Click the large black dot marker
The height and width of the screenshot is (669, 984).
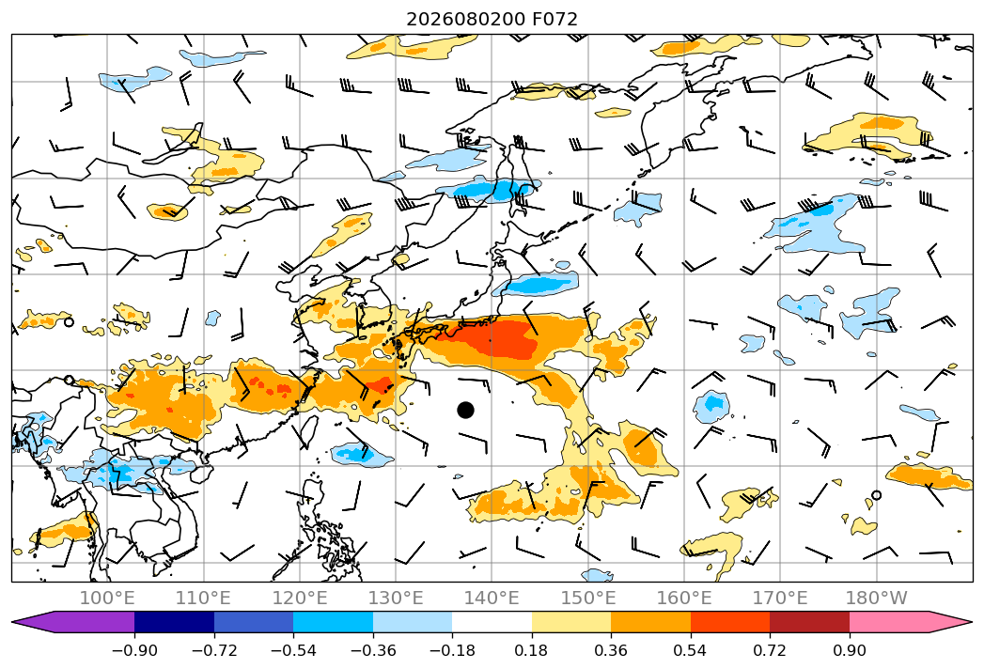pos(465,410)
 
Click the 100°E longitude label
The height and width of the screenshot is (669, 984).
pos(107,598)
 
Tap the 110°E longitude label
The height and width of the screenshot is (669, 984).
pos(203,598)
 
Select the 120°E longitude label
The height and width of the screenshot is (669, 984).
pos(300,598)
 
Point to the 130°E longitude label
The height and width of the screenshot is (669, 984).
pos(396,598)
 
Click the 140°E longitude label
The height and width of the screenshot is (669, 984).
pos(492,598)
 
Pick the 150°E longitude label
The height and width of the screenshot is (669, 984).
pos(588,598)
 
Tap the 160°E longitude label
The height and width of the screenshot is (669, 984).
pos(684,598)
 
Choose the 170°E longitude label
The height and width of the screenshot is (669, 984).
pos(780,598)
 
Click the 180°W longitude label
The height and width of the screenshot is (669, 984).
pos(877,598)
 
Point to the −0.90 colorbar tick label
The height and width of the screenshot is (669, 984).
pos(134,650)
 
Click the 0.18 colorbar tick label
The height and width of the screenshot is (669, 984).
pos(532,650)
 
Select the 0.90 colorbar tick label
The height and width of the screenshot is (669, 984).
pos(849,650)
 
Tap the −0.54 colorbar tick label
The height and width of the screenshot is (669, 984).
pos(293,650)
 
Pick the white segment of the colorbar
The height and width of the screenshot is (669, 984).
pos(492,621)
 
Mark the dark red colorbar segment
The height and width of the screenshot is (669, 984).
pos(809,621)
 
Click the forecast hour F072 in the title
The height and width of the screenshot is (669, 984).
pos(554,19)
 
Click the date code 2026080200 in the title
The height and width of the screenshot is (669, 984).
pos(465,19)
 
